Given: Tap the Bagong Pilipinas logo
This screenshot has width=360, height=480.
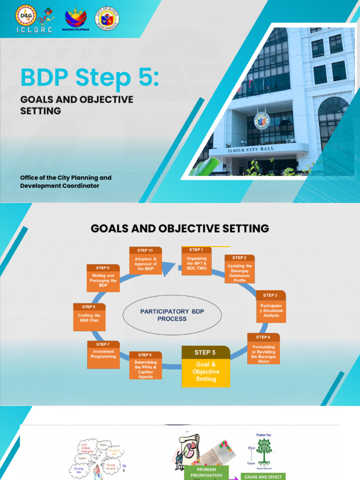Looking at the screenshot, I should (75, 19).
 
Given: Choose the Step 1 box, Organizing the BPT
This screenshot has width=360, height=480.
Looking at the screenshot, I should (196, 261).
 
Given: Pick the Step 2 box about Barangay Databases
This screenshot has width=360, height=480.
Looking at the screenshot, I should (240, 269).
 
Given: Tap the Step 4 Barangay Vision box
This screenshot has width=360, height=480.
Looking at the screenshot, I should (263, 349).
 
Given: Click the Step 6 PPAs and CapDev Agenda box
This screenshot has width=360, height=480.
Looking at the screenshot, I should (145, 366).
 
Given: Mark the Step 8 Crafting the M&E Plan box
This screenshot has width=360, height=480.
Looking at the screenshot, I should (89, 317).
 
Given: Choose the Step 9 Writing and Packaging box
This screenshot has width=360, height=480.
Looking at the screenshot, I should (103, 278).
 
